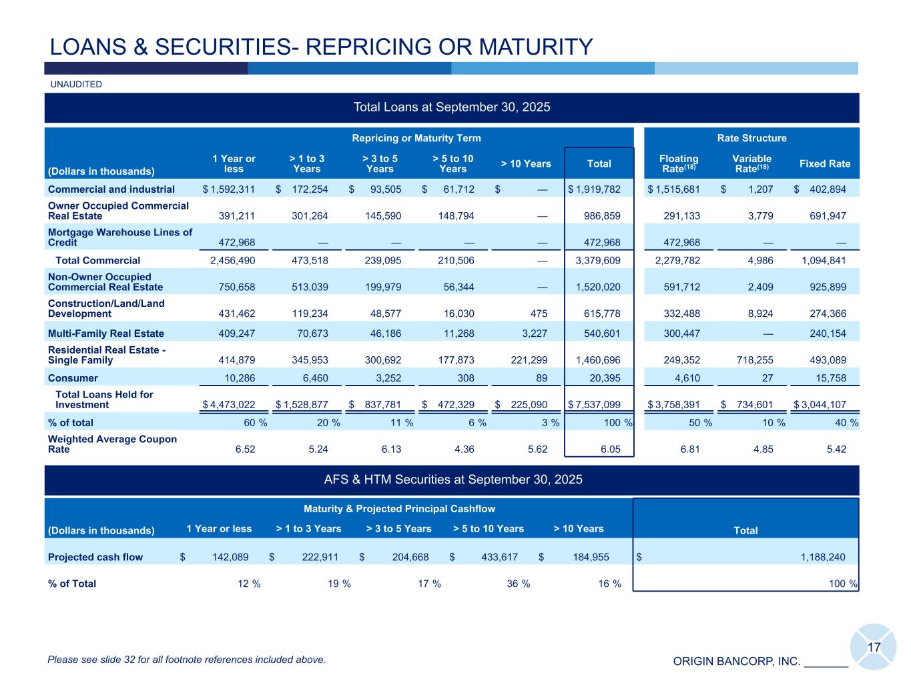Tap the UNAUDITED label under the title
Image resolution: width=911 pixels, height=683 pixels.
(76, 85)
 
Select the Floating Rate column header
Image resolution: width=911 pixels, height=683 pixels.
(678, 163)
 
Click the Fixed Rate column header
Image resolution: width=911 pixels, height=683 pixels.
(824, 164)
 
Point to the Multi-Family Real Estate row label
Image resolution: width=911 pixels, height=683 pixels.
(106, 333)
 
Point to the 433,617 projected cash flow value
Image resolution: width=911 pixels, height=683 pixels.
(497, 558)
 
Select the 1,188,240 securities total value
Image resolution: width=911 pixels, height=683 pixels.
(822, 558)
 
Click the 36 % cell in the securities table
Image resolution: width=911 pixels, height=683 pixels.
(519, 584)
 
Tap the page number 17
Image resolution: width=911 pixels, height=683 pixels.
(874, 648)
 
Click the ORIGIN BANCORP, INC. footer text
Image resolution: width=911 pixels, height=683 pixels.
(736, 662)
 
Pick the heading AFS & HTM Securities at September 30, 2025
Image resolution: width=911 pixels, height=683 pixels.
(452, 480)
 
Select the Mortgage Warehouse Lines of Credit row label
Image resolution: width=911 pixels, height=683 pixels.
(120, 237)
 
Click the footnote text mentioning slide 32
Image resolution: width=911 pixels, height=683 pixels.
(187, 660)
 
